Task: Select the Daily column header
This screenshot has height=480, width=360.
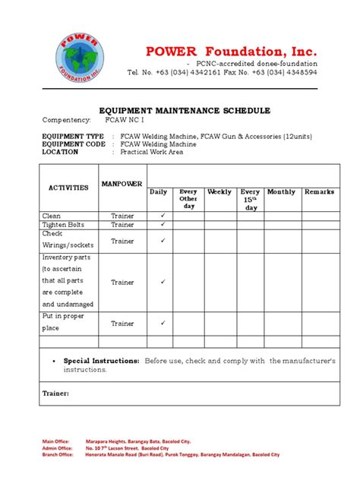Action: pyautogui.click(x=158, y=192)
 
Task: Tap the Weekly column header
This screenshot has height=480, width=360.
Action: pyautogui.click(x=219, y=192)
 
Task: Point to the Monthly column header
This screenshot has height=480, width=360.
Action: pyautogui.click(x=281, y=192)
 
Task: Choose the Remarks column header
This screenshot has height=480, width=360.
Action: pyautogui.click(x=319, y=192)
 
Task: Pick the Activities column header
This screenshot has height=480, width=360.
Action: pyautogui.click(x=69, y=187)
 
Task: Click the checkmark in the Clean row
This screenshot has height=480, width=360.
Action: pyautogui.click(x=161, y=216)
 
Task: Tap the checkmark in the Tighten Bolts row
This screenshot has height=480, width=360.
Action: pyautogui.click(x=161, y=225)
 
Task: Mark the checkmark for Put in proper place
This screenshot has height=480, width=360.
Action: pyautogui.click(x=161, y=324)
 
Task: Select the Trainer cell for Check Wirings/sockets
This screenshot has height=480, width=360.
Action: pyautogui.click(x=122, y=242)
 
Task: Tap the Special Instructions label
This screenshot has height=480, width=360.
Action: pyautogui.click(x=101, y=361)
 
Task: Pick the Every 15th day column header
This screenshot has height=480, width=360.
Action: pyautogui.click(x=250, y=200)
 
